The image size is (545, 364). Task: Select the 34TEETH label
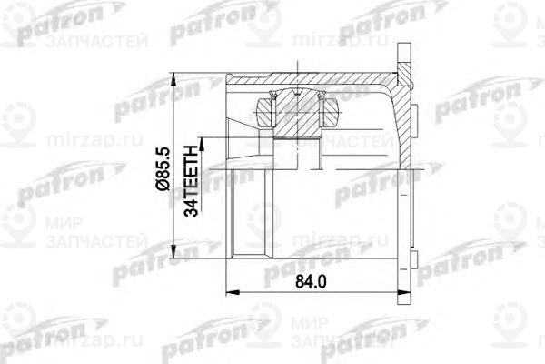point(192,183)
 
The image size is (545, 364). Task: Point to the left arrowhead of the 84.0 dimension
point(227,293)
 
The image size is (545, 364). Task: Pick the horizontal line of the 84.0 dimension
point(272,293)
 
